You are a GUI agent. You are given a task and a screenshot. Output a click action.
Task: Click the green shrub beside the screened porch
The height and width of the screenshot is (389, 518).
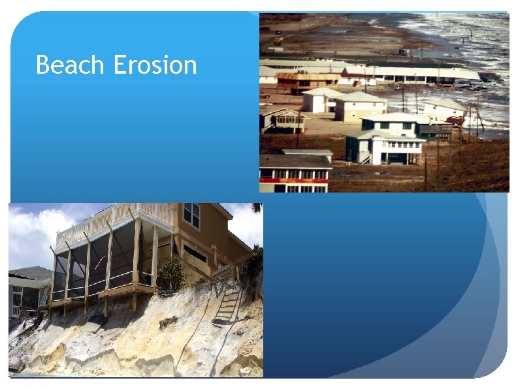(172, 273)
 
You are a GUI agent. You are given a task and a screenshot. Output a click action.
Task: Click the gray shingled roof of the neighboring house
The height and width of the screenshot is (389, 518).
(29, 273)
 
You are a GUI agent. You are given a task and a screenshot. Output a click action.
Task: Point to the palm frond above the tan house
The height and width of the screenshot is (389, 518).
(256, 208)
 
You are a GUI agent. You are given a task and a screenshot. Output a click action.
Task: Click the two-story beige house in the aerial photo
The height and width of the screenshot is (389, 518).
(359, 106)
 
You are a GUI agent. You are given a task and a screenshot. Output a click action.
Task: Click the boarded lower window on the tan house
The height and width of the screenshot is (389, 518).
(195, 255)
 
